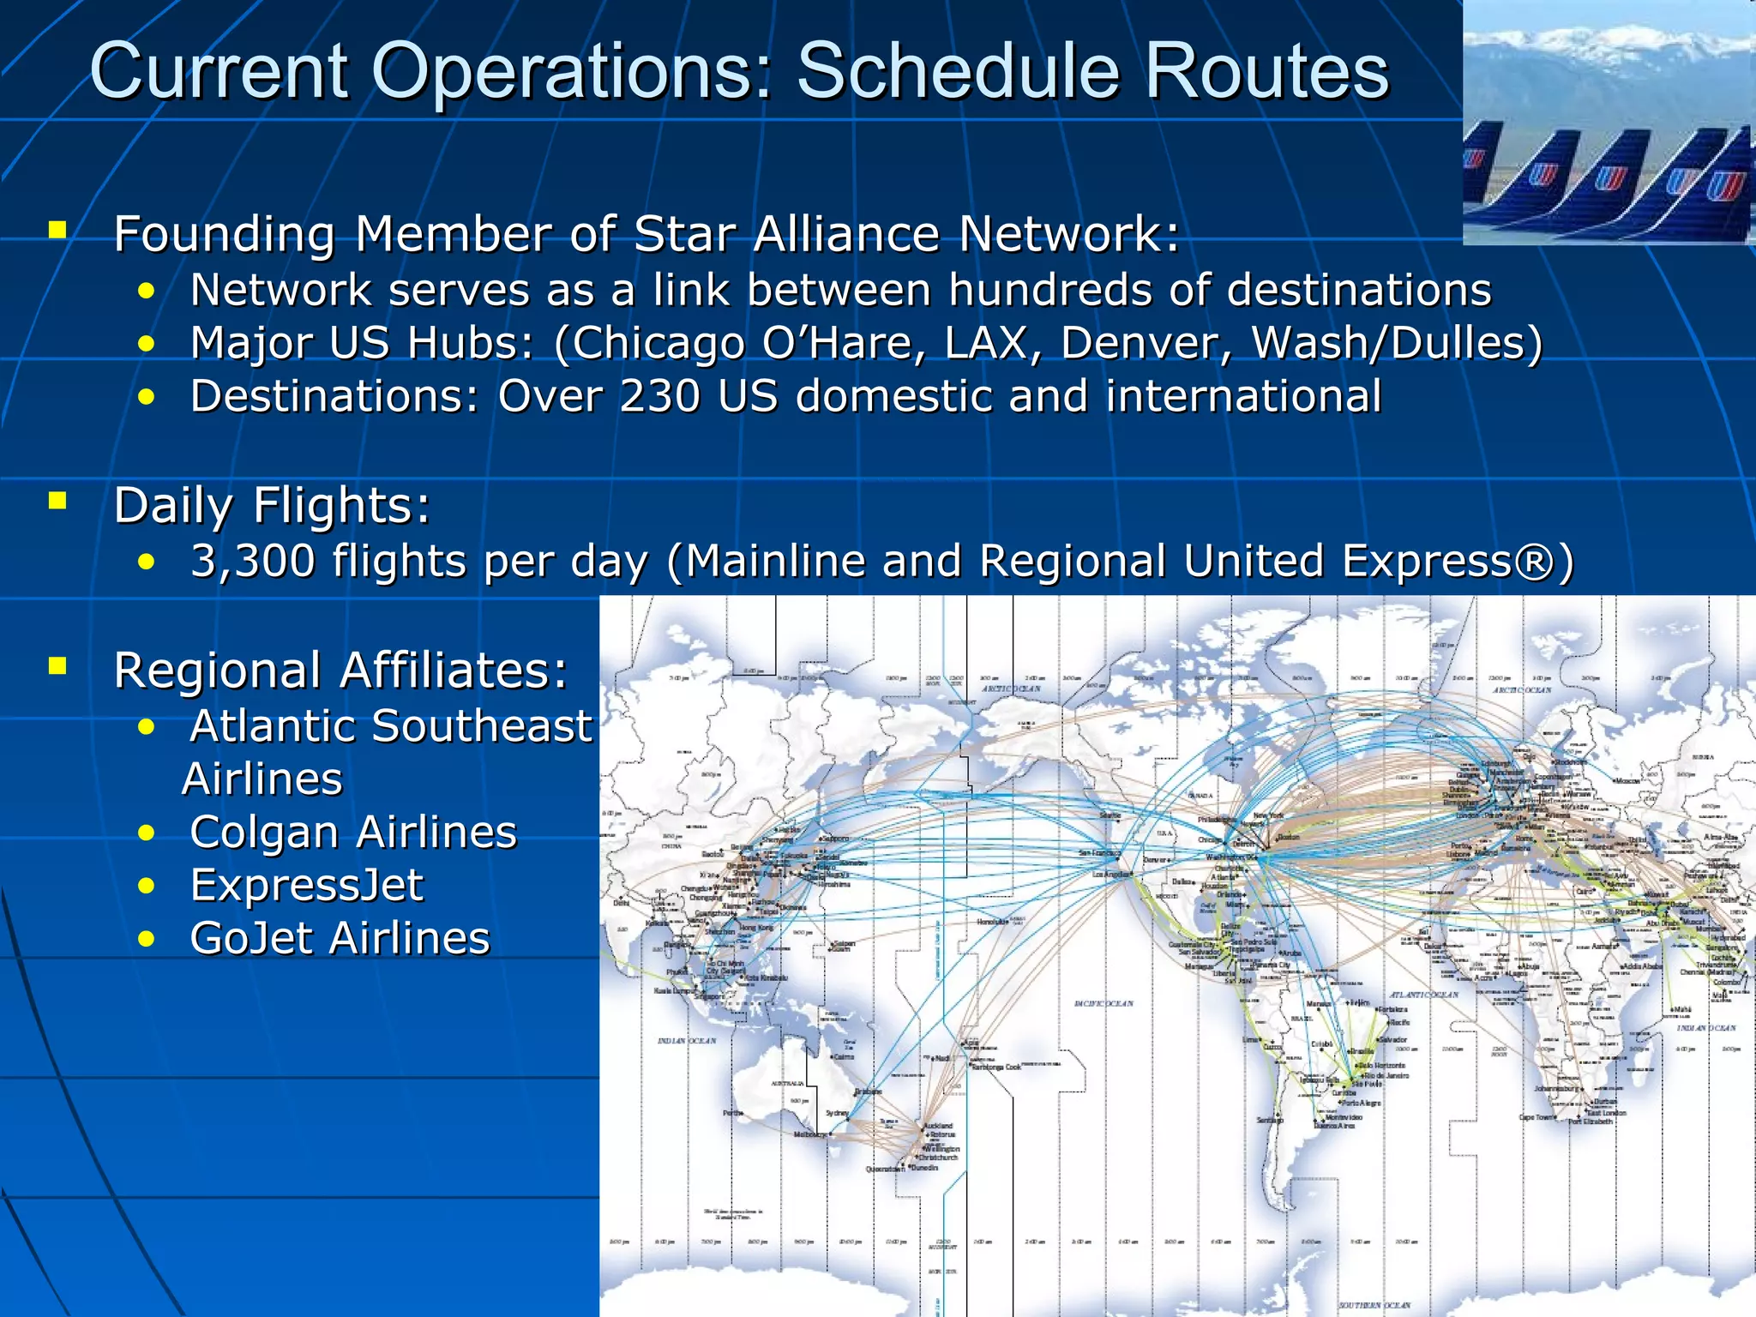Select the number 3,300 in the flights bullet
click(x=253, y=562)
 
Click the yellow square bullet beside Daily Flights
click(x=57, y=501)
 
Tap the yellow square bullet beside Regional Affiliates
click(x=57, y=666)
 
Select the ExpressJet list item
click(x=306, y=885)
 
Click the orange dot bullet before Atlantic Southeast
click(x=147, y=727)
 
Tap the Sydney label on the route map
click(x=836, y=1113)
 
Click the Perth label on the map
click(x=732, y=1113)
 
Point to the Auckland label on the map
click(x=938, y=1126)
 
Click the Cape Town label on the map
click(x=1535, y=1117)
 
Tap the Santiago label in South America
click(x=1269, y=1120)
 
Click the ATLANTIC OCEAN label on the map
click(x=1423, y=995)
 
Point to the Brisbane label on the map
click(x=868, y=1091)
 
